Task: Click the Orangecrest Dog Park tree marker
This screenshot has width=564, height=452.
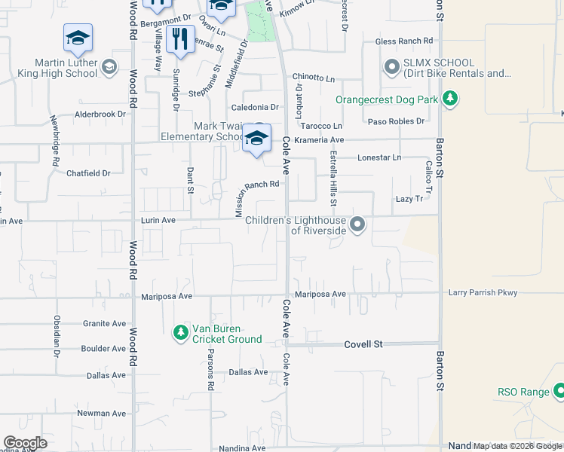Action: [450, 99]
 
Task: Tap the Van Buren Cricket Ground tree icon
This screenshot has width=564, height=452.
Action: [180, 332]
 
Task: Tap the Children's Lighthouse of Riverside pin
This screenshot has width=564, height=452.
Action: [358, 224]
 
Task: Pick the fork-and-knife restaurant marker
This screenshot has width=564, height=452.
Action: [179, 39]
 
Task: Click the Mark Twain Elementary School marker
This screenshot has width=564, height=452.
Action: [256, 139]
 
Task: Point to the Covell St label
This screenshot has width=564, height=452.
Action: [363, 344]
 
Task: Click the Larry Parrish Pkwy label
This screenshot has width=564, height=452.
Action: [482, 292]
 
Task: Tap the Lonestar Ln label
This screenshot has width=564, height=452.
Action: [379, 157]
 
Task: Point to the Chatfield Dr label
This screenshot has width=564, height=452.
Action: [88, 173]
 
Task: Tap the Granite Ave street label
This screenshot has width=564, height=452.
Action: [104, 323]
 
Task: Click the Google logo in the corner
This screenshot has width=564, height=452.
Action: [26, 443]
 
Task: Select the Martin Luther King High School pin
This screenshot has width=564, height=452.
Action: [109, 68]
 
